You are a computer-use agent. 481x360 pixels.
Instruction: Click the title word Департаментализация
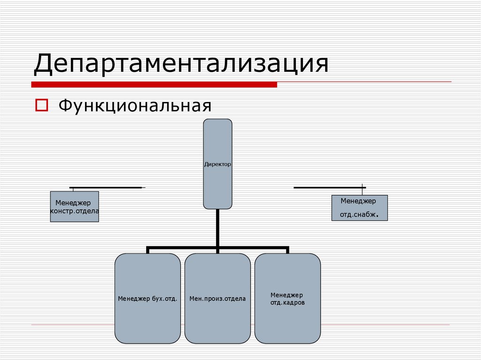point(180,65)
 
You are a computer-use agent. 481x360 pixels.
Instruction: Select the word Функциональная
point(135,105)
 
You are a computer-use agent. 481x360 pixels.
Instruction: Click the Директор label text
point(217,165)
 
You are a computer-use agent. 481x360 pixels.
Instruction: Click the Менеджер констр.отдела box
point(74,207)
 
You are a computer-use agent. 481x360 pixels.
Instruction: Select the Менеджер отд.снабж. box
point(359,208)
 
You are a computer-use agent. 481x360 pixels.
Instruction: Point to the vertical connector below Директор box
point(217,228)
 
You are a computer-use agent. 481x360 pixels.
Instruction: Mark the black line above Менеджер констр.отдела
point(106,188)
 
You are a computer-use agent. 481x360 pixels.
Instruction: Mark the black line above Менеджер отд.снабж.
point(329,188)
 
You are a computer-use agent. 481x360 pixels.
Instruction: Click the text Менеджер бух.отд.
point(147,299)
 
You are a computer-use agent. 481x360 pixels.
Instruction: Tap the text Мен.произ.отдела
point(217,299)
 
